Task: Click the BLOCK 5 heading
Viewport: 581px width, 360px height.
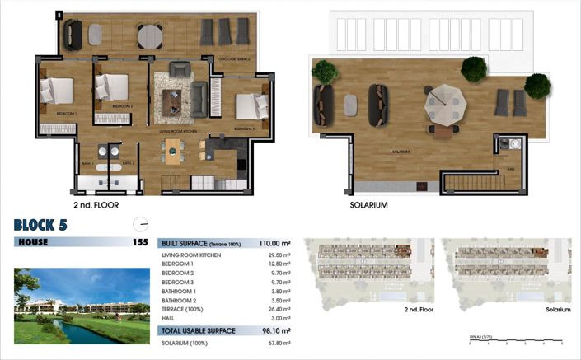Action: [x=41, y=224]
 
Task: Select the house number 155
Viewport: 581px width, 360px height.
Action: [x=140, y=242]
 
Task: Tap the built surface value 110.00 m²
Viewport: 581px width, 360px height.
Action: [x=274, y=243]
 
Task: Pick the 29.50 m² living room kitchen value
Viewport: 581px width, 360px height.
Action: [x=278, y=255]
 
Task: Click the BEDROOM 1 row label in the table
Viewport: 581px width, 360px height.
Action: [x=178, y=264]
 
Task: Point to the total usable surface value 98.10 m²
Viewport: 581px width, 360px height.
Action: [x=277, y=330]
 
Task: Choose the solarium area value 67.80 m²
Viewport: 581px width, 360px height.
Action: [x=277, y=343]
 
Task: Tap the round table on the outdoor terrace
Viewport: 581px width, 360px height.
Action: [x=150, y=36]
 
